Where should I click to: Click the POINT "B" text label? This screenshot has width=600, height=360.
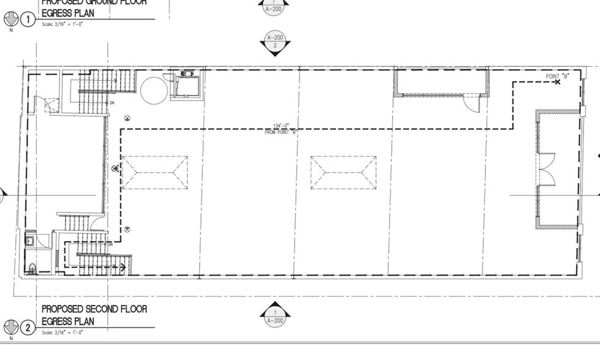pyautogui.click(x=558, y=76)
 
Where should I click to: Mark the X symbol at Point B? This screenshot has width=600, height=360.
pyautogui.click(x=557, y=82)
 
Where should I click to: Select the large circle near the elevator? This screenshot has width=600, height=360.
pyautogui.click(x=153, y=91)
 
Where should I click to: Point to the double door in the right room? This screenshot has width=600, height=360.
pyautogui.click(x=547, y=169)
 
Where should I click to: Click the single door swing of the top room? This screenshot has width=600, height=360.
pyautogui.click(x=470, y=102)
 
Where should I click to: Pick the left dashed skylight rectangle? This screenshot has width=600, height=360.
pyautogui.click(x=154, y=172)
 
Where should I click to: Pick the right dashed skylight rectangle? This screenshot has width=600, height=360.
pyautogui.click(x=343, y=172)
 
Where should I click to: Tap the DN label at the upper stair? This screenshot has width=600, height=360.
pyautogui.click(x=111, y=103)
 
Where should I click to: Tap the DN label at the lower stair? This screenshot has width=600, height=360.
pyautogui.click(x=111, y=244)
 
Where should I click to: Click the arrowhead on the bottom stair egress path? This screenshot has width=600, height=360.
pyautogui.click(x=122, y=267)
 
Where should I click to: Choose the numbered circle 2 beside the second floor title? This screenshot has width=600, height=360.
pyautogui.click(x=28, y=328)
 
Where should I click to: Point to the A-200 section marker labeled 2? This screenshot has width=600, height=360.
pyautogui.click(x=275, y=42)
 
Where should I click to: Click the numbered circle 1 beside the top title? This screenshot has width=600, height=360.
pyautogui.click(x=28, y=20)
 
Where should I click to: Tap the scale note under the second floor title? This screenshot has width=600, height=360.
pyautogui.click(x=62, y=332)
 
